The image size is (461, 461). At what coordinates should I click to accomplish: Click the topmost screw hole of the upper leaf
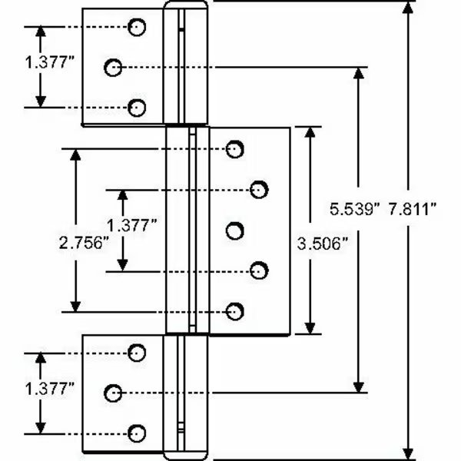click(138, 28)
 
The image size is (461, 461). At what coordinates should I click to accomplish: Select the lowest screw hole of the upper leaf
click(138, 108)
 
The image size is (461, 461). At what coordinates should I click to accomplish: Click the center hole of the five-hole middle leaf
click(236, 229)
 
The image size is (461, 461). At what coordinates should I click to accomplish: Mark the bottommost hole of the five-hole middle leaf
click(236, 310)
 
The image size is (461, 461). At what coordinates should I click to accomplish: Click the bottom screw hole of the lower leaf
click(138, 432)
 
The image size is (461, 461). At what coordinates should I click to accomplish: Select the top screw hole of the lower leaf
click(138, 352)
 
